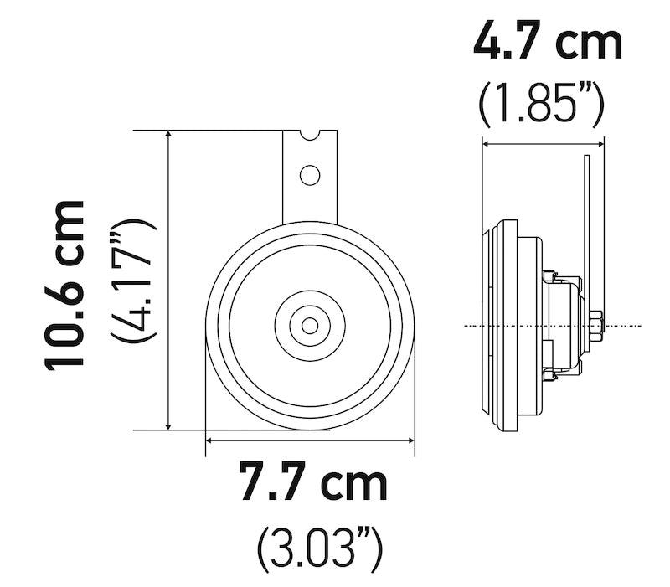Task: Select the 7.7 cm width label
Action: [313, 483]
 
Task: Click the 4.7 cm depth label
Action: [548, 42]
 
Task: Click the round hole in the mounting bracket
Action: [310, 175]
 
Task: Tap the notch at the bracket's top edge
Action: [310, 135]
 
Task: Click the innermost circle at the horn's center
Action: [310, 325]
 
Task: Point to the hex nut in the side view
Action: [595, 324]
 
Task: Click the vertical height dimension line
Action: [170, 281]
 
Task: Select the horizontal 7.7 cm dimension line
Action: [310, 438]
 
